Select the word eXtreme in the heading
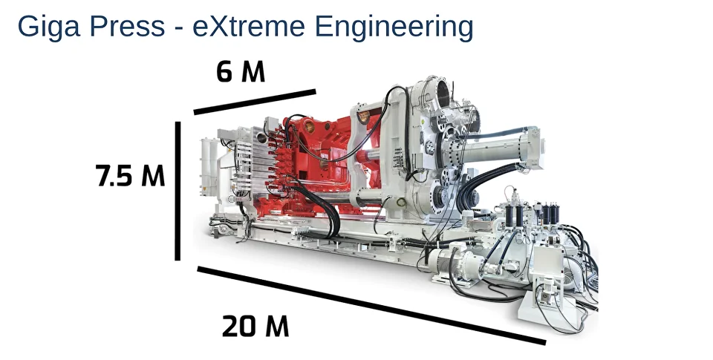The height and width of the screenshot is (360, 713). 249,27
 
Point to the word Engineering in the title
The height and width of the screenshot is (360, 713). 394,27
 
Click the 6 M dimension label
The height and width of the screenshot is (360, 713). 241,71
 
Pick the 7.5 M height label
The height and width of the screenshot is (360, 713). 130,175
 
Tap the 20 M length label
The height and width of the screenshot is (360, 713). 255,327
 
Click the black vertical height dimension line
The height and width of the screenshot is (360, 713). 178,191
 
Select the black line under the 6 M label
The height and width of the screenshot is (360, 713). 255,102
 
